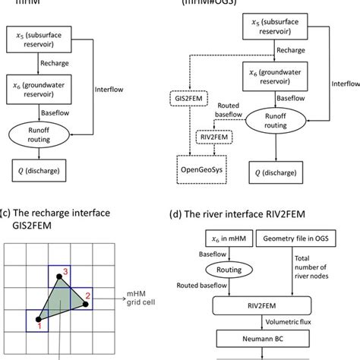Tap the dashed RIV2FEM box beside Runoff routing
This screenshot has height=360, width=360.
[x=213, y=137]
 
